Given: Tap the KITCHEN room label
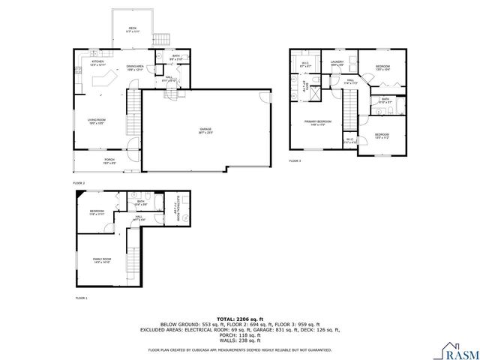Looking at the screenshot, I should (98, 62).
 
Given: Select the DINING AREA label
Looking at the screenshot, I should (136, 67).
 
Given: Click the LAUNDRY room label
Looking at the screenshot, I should (337, 63).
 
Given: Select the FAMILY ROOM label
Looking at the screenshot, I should (102, 260).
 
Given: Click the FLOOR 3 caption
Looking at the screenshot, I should (295, 161).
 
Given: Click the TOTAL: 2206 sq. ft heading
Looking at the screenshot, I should (239, 319).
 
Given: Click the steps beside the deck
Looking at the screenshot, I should (161, 39).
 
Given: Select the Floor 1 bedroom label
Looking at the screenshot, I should (97, 212).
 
